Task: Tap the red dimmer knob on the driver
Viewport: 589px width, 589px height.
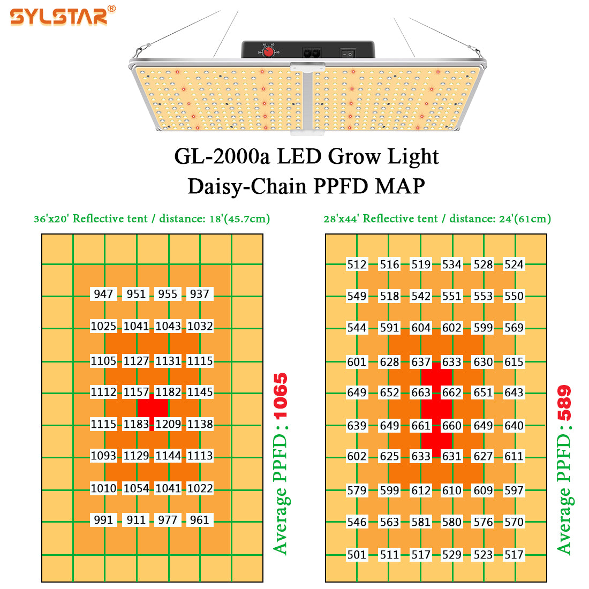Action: (x=268, y=52)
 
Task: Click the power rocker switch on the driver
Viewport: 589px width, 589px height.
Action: (x=348, y=54)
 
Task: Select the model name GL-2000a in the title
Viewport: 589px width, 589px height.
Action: (x=222, y=156)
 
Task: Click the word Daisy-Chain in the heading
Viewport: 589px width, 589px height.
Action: (x=247, y=186)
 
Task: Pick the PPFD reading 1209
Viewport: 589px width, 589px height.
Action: (x=168, y=424)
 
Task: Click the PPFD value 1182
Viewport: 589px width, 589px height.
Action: (x=168, y=392)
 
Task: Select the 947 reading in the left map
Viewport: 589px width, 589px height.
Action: (x=103, y=294)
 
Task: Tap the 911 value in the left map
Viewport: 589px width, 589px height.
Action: (x=136, y=520)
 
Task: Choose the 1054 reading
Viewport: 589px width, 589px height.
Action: (x=137, y=488)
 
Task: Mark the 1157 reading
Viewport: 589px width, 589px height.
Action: (x=137, y=392)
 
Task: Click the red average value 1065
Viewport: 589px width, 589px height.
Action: (x=281, y=396)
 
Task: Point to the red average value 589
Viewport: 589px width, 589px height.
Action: (x=564, y=403)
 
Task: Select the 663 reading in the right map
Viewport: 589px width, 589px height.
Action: (x=421, y=392)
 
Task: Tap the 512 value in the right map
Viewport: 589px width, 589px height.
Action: (x=357, y=265)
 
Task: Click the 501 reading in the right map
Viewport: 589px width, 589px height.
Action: (x=357, y=555)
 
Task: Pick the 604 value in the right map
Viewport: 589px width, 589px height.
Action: (x=421, y=328)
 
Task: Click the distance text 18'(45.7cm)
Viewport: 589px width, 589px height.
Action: (x=240, y=218)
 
